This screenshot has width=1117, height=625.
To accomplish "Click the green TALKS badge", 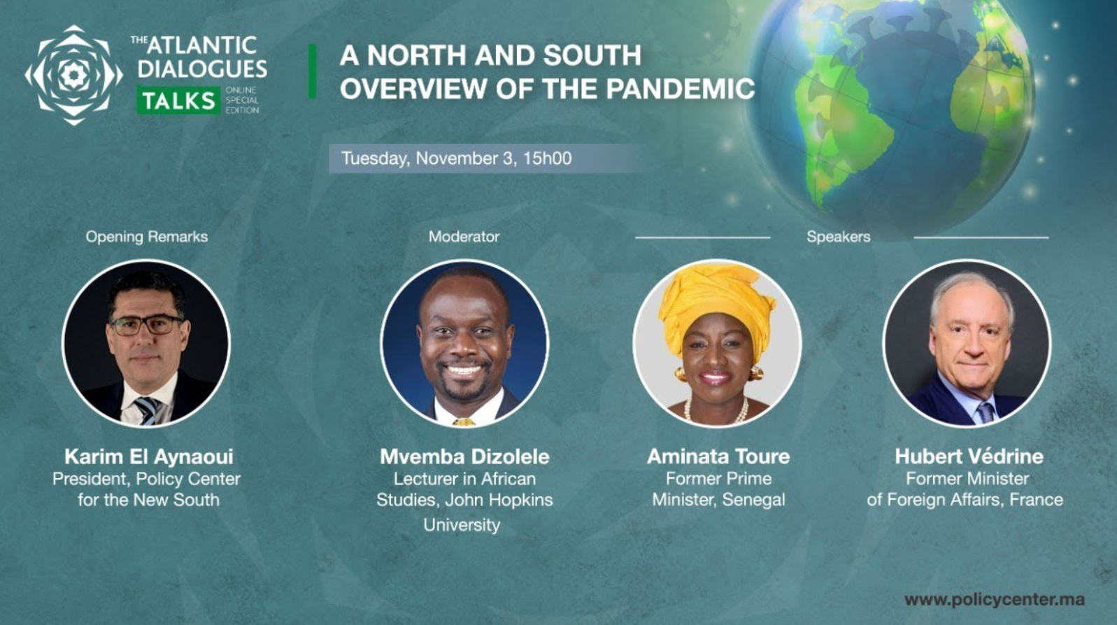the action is tap(178, 100).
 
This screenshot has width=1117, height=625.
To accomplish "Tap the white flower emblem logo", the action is tap(74, 76).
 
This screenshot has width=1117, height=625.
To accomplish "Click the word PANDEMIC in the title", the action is tap(680, 88).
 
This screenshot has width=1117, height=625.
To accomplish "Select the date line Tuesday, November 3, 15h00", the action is tap(456, 159).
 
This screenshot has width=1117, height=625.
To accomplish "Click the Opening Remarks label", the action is tap(147, 237).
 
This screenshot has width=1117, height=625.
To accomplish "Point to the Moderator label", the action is tap(464, 237).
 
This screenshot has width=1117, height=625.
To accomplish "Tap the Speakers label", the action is tap(838, 237).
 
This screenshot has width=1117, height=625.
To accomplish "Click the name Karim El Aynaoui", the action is tap(148, 456).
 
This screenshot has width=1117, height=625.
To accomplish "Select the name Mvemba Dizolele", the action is tap(464, 456).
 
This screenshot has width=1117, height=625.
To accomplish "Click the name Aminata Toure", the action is tap(718, 456).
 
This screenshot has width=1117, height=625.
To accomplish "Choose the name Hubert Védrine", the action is tap(969, 456).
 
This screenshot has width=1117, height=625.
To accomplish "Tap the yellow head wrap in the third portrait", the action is tap(717, 304).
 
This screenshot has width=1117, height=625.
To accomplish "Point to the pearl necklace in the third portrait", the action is tap(717, 412).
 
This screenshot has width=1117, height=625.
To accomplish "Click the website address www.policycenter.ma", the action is tap(995, 599).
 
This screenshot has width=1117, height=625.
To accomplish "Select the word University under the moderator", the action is tap(462, 525).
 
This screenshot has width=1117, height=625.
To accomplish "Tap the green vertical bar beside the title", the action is tap(313, 71).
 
